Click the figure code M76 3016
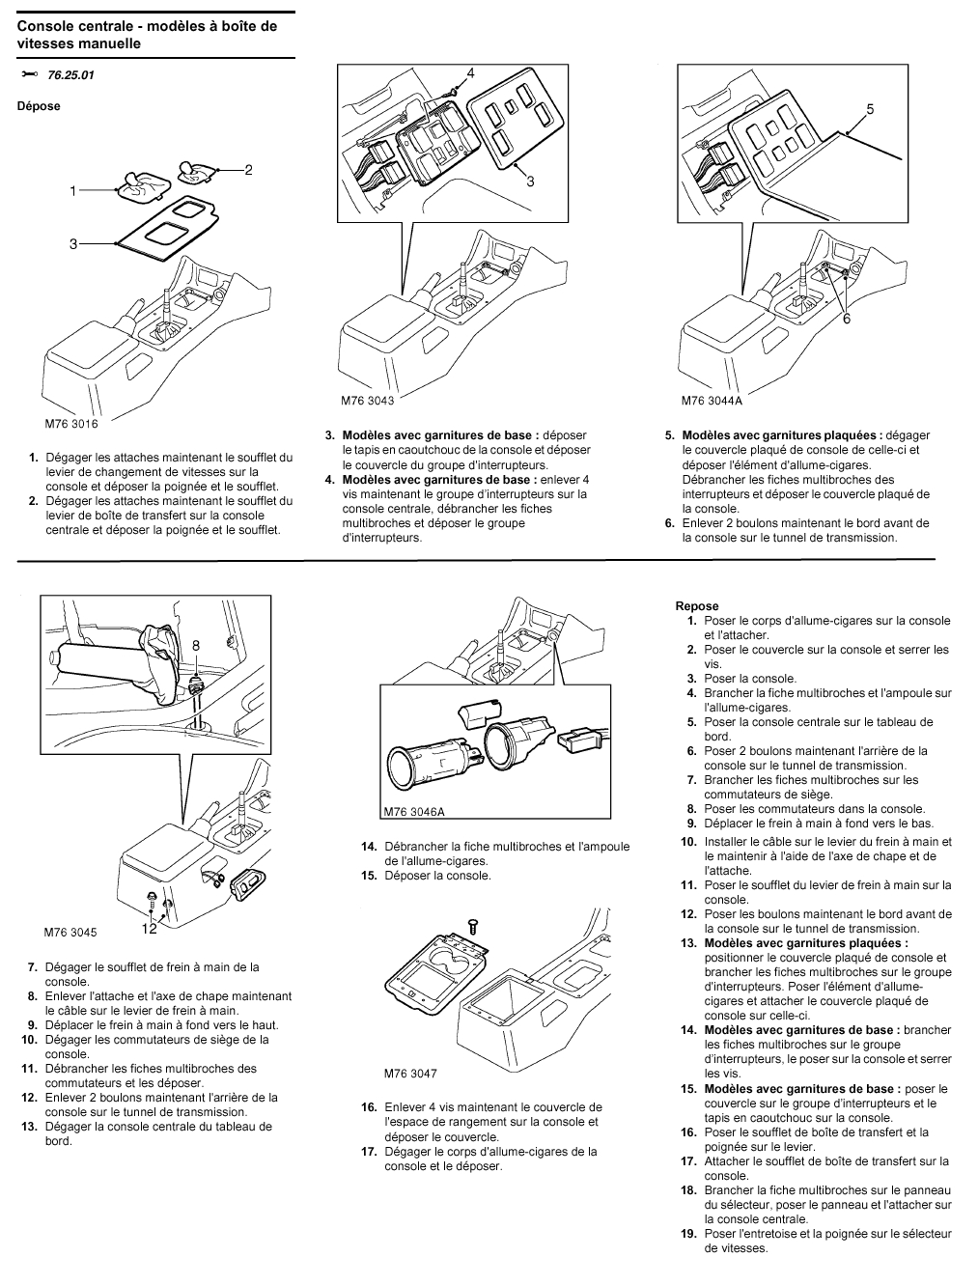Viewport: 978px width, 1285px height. point(71,422)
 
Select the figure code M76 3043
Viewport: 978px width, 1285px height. point(368,400)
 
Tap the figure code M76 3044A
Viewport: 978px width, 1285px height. point(712,400)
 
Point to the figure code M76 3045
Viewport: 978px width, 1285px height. point(70,933)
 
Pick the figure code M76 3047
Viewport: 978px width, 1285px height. point(410,1073)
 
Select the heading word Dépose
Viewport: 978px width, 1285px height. point(39,106)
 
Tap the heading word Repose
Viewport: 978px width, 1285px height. point(697,606)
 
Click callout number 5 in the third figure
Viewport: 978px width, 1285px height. point(870,110)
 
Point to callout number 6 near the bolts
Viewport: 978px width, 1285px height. point(847,319)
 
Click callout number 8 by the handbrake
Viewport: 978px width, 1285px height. point(195,645)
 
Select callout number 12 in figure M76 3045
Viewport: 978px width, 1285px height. point(149,929)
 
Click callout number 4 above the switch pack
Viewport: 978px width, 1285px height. point(470,73)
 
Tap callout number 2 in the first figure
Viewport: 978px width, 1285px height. point(248,170)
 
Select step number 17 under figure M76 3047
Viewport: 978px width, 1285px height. point(369,1151)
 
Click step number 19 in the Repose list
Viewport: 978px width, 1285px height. point(688,1233)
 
